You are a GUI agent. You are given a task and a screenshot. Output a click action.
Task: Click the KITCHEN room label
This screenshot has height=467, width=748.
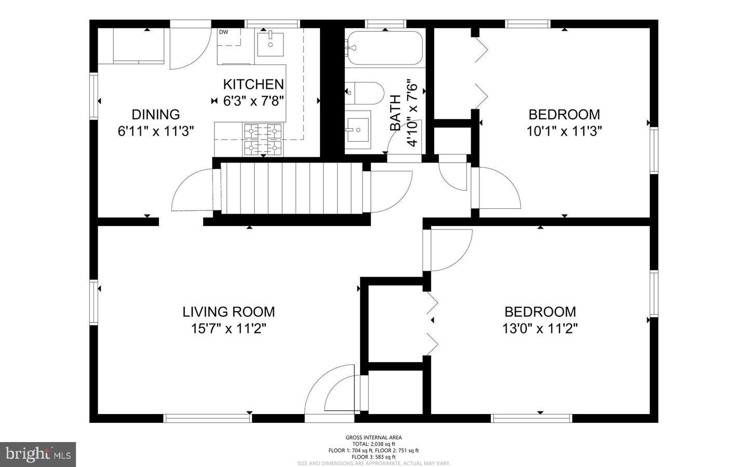[253, 84]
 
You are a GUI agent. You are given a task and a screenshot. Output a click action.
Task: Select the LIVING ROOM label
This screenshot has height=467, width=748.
[229, 312]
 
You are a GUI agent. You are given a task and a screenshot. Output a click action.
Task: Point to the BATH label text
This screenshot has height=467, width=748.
[395, 113]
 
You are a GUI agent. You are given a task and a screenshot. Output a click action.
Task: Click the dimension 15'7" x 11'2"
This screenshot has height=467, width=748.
[229, 328]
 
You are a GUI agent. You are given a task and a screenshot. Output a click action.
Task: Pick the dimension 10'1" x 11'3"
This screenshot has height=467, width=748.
[564, 131]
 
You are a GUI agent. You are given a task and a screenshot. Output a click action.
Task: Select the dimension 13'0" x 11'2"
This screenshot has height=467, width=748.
[540, 328]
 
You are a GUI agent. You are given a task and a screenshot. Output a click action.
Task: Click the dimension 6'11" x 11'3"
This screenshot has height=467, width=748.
[156, 131]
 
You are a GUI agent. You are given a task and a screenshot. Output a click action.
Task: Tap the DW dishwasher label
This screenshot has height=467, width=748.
[223, 32]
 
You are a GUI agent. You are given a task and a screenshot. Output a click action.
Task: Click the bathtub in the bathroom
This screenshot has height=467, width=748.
[385, 48]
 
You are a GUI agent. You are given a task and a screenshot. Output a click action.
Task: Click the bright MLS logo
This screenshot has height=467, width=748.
[38, 455]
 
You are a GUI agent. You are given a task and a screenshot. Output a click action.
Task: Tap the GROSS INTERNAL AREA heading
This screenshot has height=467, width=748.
[373, 437]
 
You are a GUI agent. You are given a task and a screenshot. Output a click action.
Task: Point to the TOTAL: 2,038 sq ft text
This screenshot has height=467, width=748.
[373, 444]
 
